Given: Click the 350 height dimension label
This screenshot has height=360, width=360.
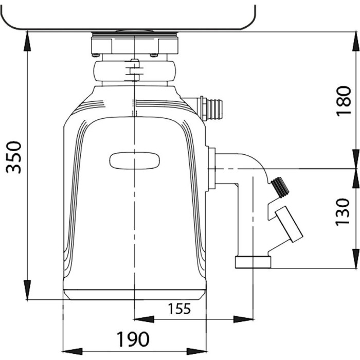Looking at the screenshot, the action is point(14,157).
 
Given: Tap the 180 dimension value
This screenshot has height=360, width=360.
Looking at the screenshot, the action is point(344,101).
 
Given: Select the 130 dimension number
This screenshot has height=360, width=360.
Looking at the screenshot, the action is point(343,212).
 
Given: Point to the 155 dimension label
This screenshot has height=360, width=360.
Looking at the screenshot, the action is point(179,309).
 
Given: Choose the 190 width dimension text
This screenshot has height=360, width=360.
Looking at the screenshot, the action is point(133,339).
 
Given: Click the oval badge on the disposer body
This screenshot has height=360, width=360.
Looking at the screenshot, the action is point(135,160).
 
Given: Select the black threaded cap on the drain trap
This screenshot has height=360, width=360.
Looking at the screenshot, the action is point(280,187).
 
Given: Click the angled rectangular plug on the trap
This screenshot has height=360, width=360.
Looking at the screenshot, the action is point(289,224).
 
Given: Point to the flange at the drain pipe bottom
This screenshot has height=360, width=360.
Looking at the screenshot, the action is point(253,262).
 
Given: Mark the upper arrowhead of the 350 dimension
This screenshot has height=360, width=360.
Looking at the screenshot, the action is point(27,41).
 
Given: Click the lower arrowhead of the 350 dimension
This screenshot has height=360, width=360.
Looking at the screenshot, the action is point(27,290).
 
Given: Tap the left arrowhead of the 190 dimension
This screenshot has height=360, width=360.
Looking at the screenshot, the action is point(73,351).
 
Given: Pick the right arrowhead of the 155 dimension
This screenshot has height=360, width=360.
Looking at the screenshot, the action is point(243,319).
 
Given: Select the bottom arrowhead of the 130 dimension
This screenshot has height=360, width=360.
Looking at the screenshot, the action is point(356,258).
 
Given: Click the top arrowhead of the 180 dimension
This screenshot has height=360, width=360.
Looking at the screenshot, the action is point(356,42).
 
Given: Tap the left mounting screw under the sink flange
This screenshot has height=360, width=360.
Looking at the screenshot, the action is point(95,55).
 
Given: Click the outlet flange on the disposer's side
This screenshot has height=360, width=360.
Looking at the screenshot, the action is point(212,169).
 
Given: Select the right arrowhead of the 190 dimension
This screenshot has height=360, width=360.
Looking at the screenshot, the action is point(196,351).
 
